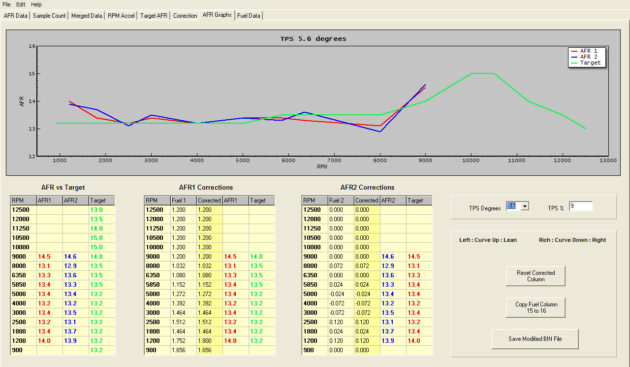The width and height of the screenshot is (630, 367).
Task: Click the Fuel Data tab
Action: pos(249,16)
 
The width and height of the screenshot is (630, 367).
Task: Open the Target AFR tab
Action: pos(154,16)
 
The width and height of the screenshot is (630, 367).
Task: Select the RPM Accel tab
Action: pos(121,16)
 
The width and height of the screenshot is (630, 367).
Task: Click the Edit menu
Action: pos(21,4)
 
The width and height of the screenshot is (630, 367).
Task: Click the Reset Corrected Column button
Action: pos(535,276)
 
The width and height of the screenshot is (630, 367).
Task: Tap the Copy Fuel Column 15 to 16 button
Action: pos(535,307)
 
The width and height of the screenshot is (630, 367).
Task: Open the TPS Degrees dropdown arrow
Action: pos(525,206)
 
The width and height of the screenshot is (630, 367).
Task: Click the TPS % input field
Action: pos(581,206)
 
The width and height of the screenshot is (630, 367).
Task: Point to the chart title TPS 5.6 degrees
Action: pos(313,38)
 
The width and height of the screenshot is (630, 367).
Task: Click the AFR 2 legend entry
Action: pos(589,57)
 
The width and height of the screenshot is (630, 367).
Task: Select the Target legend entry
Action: pos(590,63)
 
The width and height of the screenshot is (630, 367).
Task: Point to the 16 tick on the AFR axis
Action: pos(32,46)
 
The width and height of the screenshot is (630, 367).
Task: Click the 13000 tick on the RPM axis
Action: pos(608,161)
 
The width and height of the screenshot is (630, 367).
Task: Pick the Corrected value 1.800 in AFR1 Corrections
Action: pos(205,340)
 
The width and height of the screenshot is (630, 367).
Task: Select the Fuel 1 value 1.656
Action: pos(179,350)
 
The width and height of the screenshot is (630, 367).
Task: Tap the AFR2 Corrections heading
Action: pos(367,187)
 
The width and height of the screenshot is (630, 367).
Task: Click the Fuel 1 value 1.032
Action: pos(179,266)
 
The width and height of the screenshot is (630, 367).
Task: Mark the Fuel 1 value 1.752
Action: pos(179,340)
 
